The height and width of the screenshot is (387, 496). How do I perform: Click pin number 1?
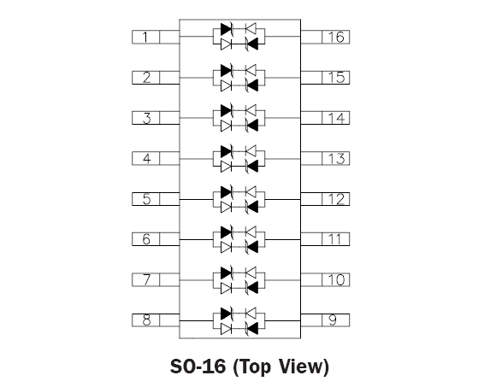point(145,37)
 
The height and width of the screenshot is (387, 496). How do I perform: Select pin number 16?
point(336,37)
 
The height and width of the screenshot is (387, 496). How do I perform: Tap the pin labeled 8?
point(146,320)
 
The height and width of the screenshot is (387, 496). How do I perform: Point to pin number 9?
point(333,320)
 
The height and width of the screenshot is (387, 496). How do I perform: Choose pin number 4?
point(146,158)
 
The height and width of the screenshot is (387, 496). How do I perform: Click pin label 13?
point(336,158)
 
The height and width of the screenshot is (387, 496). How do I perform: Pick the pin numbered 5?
point(146,199)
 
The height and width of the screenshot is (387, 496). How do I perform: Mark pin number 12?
point(336,199)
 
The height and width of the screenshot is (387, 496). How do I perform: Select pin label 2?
point(146,78)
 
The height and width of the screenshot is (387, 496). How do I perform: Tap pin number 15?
point(336,78)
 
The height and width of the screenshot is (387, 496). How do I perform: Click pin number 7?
point(146,280)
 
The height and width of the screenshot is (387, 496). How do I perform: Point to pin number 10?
point(336,280)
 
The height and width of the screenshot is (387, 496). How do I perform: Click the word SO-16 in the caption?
point(198,366)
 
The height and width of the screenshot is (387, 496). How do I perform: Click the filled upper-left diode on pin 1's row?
point(227,29)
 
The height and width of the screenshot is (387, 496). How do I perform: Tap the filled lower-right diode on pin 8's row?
point(251,329)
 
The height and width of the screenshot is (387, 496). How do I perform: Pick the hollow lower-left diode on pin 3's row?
point(226,126)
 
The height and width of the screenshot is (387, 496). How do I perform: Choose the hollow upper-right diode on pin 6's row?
point(251,232)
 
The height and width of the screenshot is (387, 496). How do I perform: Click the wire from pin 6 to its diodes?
point(197,240)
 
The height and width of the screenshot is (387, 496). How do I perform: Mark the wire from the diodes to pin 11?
point(282,240)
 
